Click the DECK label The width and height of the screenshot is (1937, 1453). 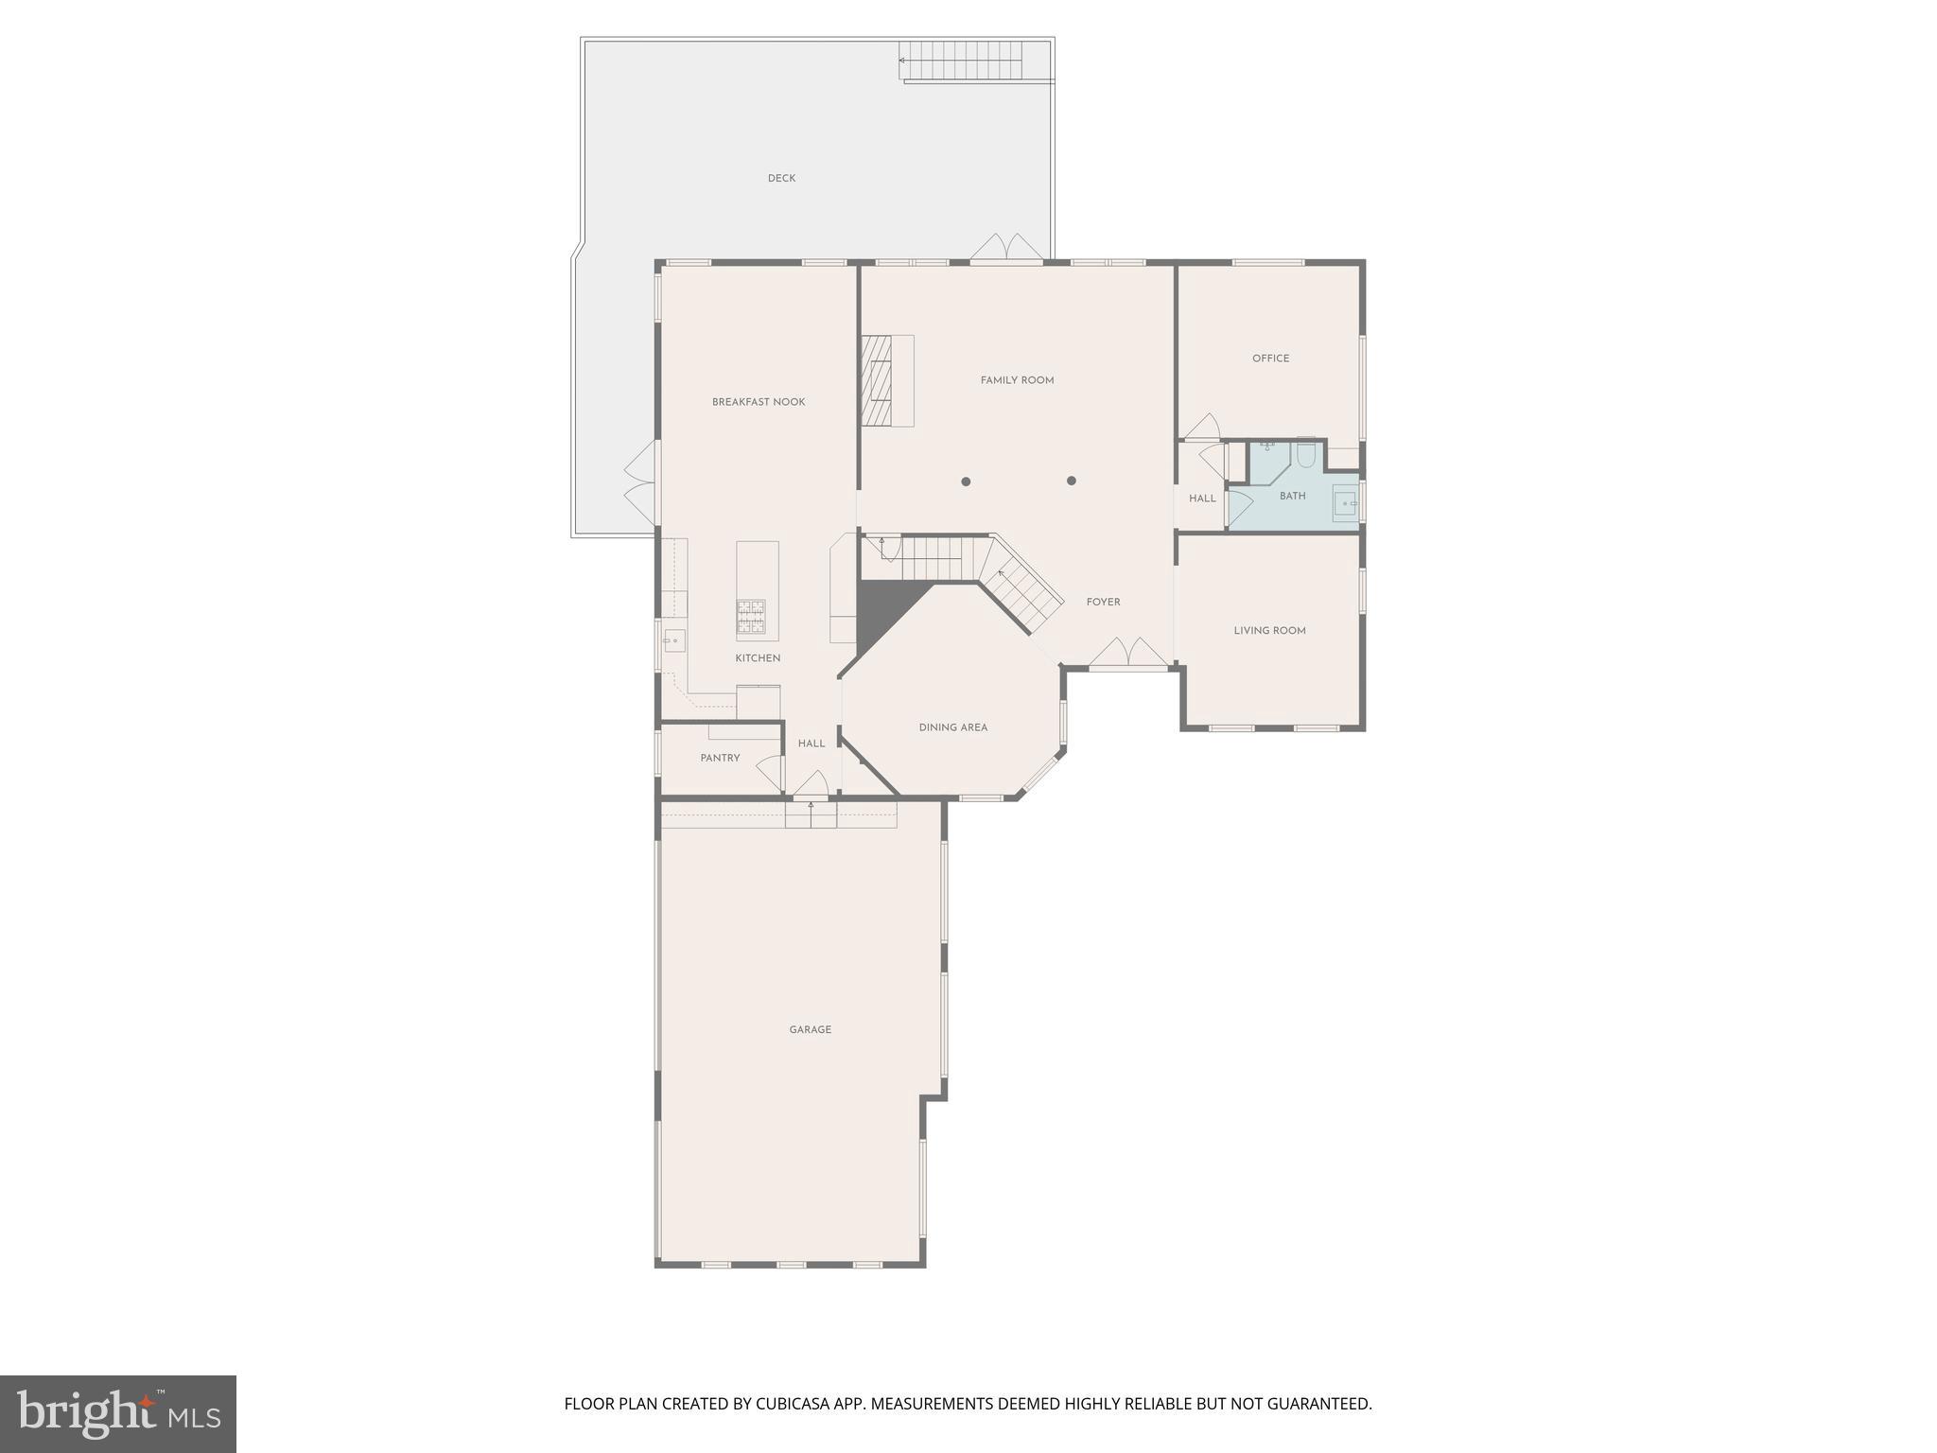(x=781, y=178)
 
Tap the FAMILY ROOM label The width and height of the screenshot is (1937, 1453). (x=1017, y=380)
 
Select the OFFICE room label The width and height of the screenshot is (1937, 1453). (x=1270, y=359)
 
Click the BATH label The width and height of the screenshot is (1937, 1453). (x=1292, y=496)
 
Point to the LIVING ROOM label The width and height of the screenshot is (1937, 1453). (x=1269, y=631)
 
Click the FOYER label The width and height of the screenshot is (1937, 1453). (x=1103, y=602)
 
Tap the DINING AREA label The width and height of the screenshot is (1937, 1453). (x=952, y=727)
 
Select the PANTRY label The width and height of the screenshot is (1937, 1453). (x=720, y=758)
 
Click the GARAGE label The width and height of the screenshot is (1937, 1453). (x=810, y=1029)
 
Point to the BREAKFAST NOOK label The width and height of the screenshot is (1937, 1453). (x=759, y=402)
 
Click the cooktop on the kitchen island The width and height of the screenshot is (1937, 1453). (x=751, y=616)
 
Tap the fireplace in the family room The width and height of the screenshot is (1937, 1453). (x=877, y=380)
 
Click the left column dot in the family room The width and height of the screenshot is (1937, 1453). (x=966, y=481)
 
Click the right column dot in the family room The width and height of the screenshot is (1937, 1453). (x=1072, y=481)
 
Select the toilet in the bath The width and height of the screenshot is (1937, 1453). (x=1305, y=455)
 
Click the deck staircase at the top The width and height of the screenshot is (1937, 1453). (x=961, y=61)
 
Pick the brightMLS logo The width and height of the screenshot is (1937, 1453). (x=118, y=1413)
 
